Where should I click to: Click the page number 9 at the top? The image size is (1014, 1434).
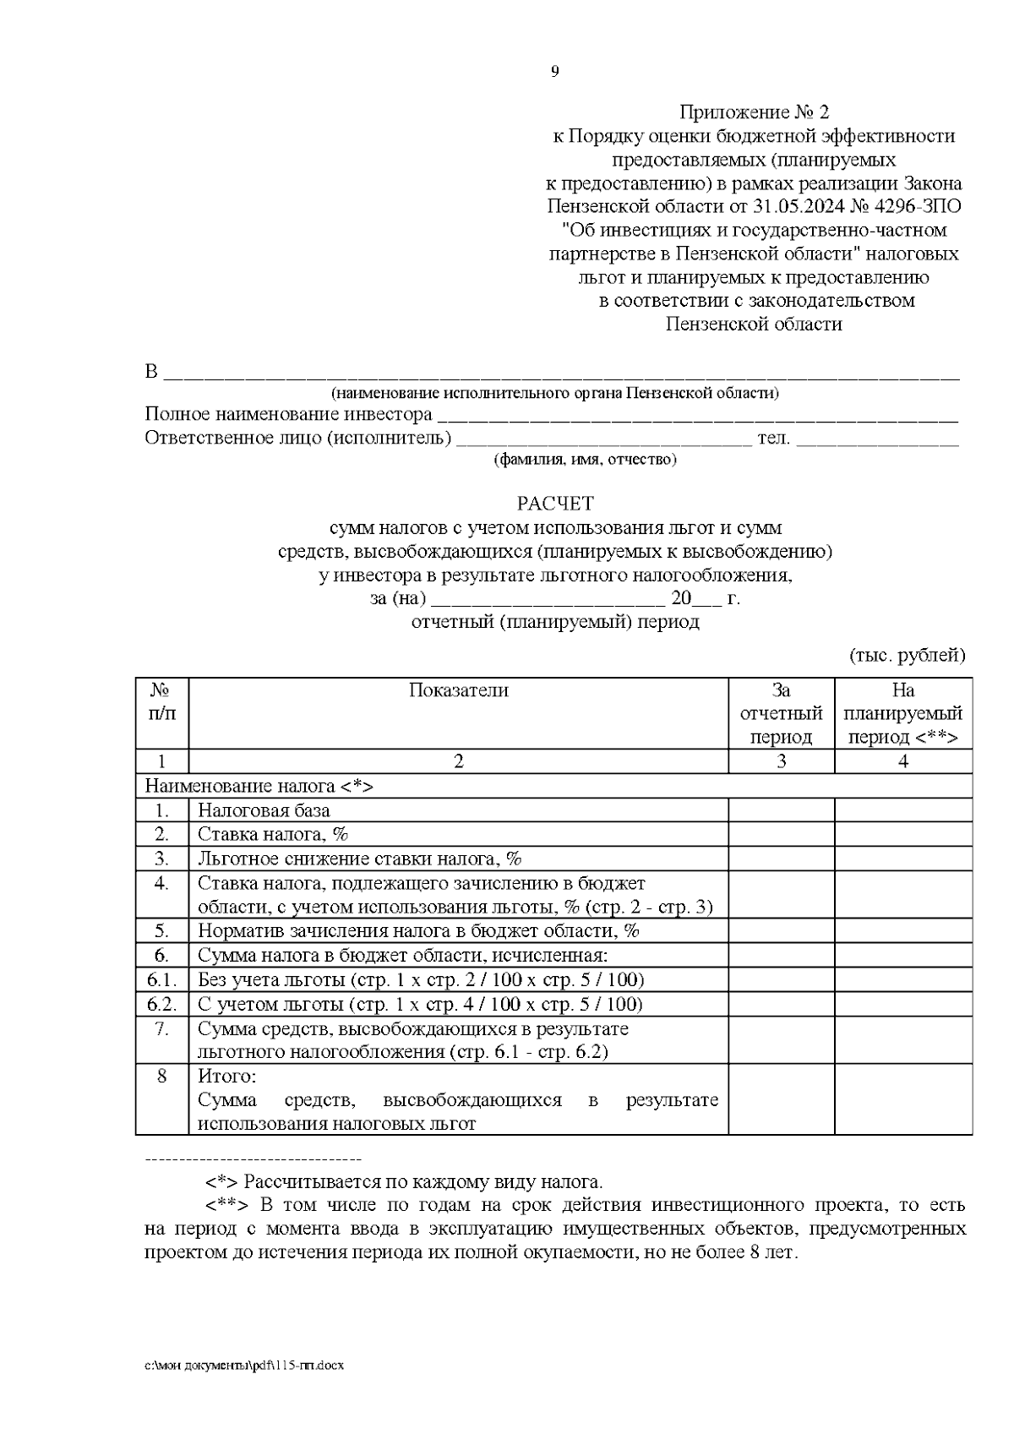pyautogui.click(x=554, y=72)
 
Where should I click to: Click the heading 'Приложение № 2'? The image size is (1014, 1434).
pyautogui.click(x=755, y=112)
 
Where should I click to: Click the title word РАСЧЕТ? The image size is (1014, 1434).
pyautogui.click(x=555, y=504)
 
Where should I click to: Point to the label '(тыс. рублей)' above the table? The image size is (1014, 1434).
pyautogui.click(x=907, y=655)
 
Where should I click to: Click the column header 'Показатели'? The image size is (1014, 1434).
pyautogui.click(x=458, y=690)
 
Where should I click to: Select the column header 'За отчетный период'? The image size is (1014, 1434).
pyautogui.click(x=781, y=713)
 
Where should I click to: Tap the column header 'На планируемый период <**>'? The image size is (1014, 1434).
pyautogui.click(x=902, y=713)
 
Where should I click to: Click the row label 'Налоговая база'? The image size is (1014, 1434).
pyautogui.click(x=264, y=810)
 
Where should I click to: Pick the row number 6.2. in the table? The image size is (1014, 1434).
pyautogui.click(x=161, y=1004)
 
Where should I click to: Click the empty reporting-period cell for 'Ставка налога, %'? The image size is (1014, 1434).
pyautogui.click(x=781, y=834)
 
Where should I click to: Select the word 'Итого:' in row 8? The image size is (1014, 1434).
pyautogui.click(x=226, y=1077)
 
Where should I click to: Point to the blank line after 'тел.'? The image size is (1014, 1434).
pyautogui.click(x=877, y=439)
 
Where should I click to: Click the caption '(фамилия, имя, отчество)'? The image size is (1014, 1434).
pyautogui.click(x=585, y=460)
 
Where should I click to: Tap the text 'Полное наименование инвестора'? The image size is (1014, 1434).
pyautogui.click(x=288, y=415)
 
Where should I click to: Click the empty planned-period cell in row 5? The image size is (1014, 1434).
pyautogui.click(x=902, y=930)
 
